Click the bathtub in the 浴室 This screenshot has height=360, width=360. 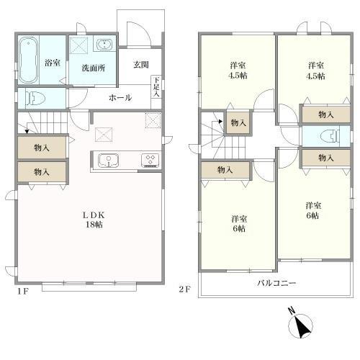[x=29, y=60]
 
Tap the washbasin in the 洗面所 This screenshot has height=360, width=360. [x=104, y=45]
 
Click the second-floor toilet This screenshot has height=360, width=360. [x=330, y=136]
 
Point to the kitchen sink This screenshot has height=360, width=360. [x=108, y=161]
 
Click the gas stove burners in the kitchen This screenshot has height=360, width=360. [x=150, y=160]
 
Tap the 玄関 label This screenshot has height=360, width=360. [x=141, y=65]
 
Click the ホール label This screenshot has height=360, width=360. [x=120, y=98]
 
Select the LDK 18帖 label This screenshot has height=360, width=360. [x=94, y=220]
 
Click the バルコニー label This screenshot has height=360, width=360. [x=276, y=283]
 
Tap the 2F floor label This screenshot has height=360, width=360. [x=184, y=289]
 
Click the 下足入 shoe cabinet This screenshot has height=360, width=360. [x=156, y=87]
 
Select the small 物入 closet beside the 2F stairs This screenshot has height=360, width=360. [x=238, y=123]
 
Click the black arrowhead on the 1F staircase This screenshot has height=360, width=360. [x=27, y=131]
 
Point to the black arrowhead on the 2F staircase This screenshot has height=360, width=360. [x=220, y=122]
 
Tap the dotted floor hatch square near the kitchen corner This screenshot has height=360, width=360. [x=153, y=120]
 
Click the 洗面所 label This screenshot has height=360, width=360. [x=94, y=68]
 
